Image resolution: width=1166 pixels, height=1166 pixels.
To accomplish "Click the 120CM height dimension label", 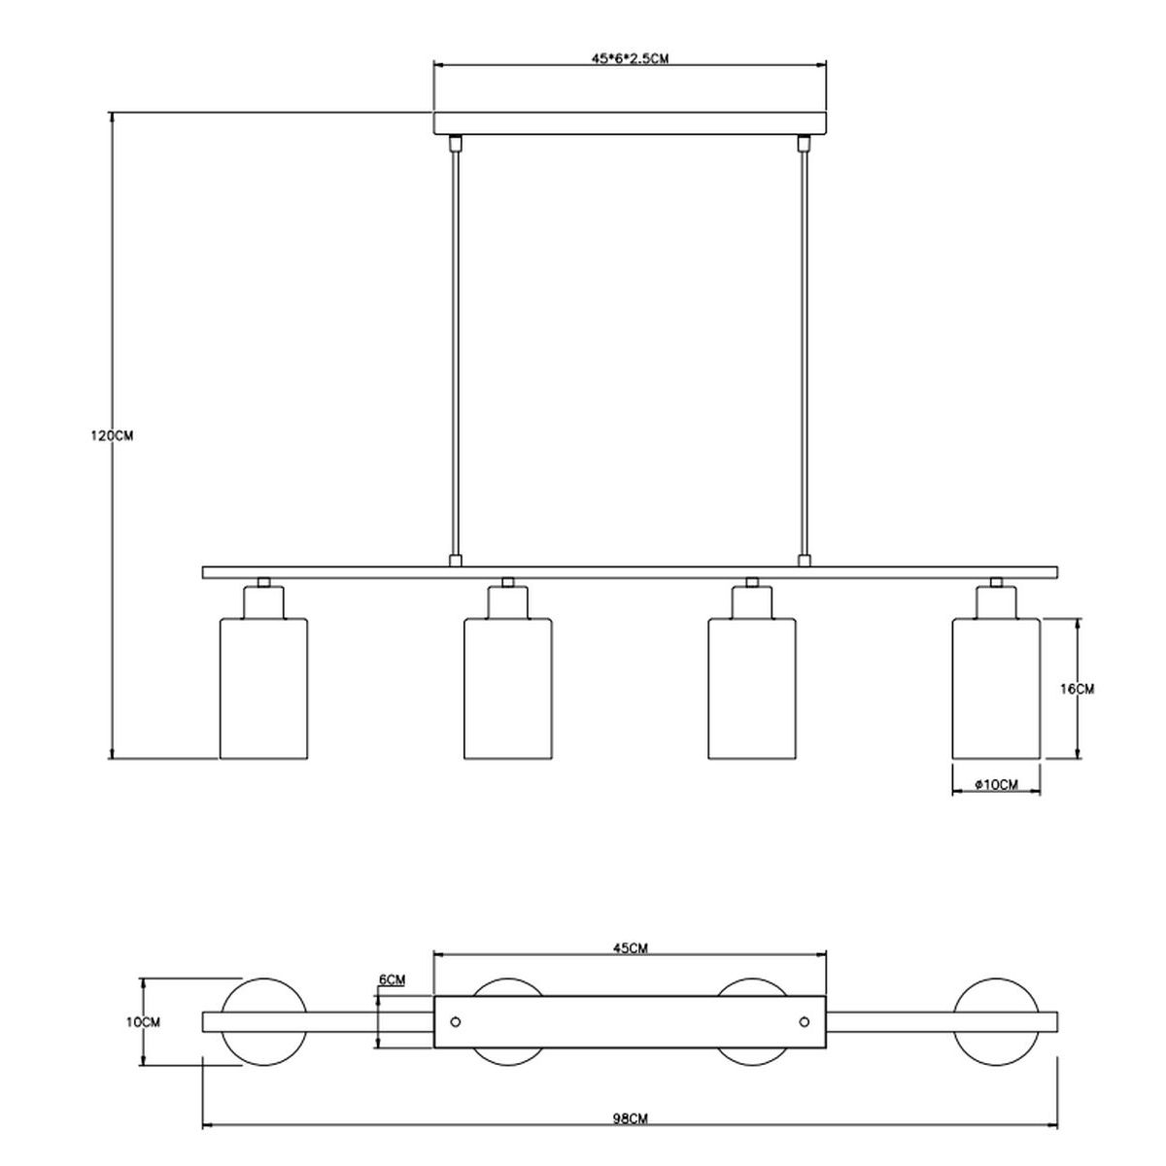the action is pos(112,435).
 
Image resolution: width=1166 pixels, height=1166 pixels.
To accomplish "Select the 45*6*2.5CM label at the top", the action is pos(630,58).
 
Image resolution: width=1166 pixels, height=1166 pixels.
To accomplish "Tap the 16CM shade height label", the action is pos(1077,689).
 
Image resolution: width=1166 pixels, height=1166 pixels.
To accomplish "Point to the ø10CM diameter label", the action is pos(997,785).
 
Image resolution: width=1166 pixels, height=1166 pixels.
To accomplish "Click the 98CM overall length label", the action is pos(630,1118).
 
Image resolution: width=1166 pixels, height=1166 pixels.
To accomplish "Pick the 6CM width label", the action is pos(392,979).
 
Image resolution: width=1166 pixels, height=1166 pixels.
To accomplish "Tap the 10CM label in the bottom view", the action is pos(144,1022).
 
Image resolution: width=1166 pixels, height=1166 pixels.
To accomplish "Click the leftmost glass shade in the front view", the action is pos(263,688).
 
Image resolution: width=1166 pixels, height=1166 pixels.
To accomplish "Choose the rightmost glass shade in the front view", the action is pos(996,688).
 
